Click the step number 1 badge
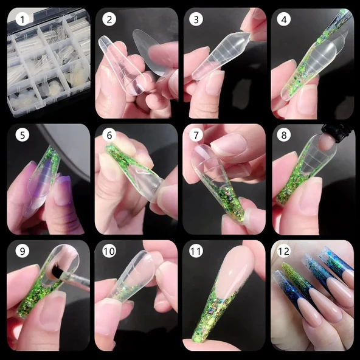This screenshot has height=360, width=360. click(23, 19)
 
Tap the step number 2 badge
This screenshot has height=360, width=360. click(109, 19)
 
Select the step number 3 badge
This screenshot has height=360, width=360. click(197, 19)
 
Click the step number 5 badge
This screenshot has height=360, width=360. click(23, 135)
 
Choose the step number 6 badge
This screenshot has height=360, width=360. click(109, 135)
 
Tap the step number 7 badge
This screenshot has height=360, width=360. click(197, 135)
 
